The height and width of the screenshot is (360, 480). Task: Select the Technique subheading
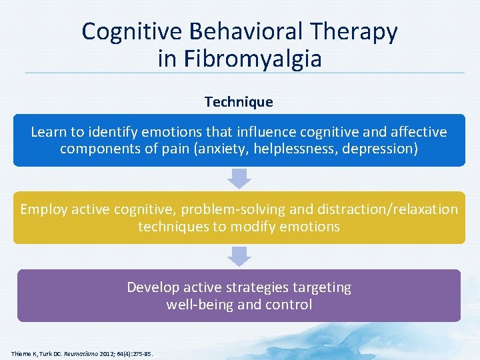click(x=239, y=102)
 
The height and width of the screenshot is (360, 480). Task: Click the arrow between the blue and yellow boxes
click(x=239, y=177)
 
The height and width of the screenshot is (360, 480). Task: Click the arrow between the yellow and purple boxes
click(x=239, y=256)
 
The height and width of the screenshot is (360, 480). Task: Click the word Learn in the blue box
click(x=49, y=131)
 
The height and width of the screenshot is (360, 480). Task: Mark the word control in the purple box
click(x=289, y=305)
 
